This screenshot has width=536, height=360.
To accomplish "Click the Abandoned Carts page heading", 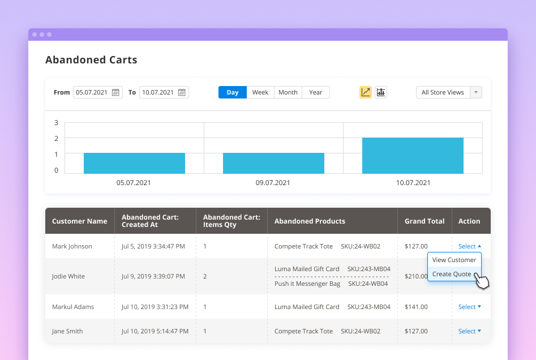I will pyautogui.click(x=91, y=60).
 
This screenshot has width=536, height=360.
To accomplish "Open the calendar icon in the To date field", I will pyautogui.click(x=182, y=92).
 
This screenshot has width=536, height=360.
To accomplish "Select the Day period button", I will pyautogui.click(x=233, y=92).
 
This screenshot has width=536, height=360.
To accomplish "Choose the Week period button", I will pyautogui.click(x=260, y=92).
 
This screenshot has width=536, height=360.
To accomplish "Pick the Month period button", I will pyautogui.click(x=288, y=92).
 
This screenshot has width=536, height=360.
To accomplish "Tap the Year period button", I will pyautogui.click(x=316, y=92).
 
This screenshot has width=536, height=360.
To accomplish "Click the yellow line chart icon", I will pyautogui.click(x=366, y=92).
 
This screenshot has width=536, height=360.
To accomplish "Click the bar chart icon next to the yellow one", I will pyautogui.click(x=381, y=92).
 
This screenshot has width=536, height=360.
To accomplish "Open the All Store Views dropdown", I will pyautogui.click(x=449, y=92).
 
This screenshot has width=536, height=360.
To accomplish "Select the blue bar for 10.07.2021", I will pyautogui.click(x=413, y=156).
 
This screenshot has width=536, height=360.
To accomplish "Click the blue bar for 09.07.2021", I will pyautogui.click(x=273, y=163).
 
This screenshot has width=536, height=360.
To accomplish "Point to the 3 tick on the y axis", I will pyautogui.click(x=56, y=123).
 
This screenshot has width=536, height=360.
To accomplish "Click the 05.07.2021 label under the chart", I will pyautogui.click(x=134, y=183).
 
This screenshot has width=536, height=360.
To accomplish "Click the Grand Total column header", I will pyautogui.click(x=424, y=221).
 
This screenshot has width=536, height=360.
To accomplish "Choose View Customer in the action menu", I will pyautogui.click(x=454, y=260).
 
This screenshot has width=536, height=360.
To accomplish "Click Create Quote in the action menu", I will pyautogui.click(x=452, y=274).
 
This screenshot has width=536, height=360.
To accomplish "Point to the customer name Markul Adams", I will pyautogui.click(x=73, y=307).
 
